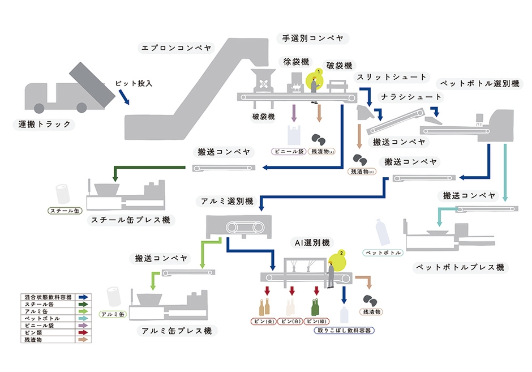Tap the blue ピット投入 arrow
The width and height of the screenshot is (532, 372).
(123, 97)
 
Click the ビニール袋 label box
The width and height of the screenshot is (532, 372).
(288, 152)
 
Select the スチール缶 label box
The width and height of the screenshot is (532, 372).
(63, 211)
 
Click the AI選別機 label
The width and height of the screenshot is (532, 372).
(309, 243)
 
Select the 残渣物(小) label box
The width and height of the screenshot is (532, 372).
(360, 172)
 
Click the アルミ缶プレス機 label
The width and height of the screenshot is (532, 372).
(174, 331)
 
